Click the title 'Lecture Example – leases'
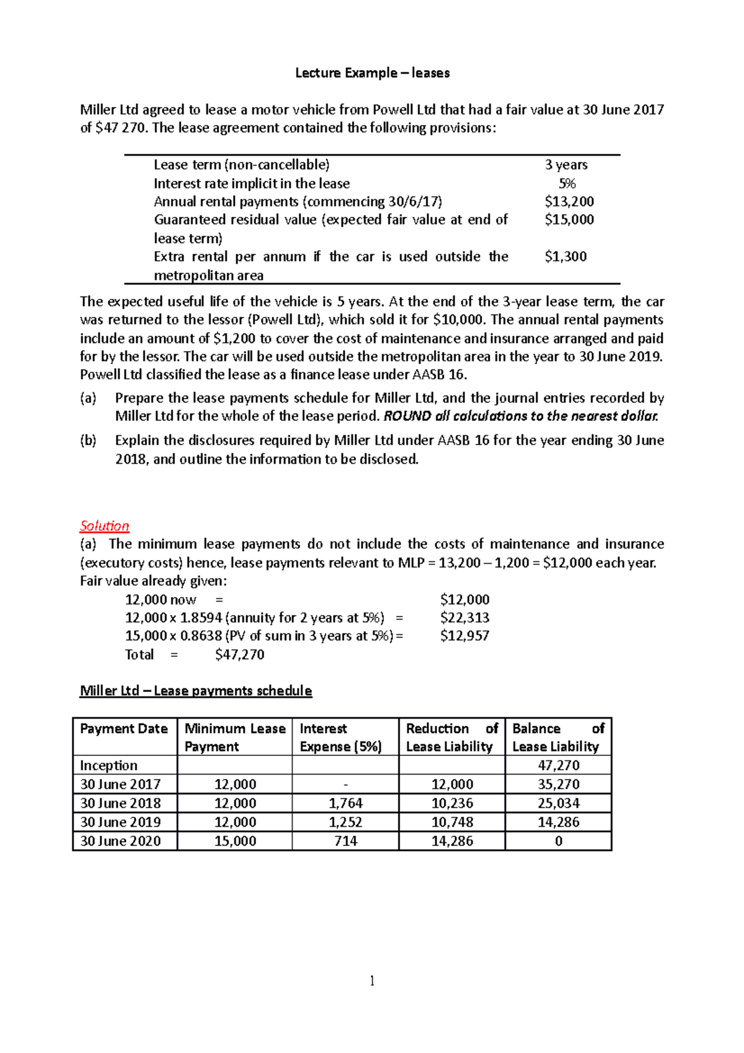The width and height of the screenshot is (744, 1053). pyautogui.click(x=372, y=73)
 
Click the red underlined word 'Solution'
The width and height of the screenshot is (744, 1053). pyautogui.click(x=104, y=526)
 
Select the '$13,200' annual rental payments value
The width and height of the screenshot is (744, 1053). pyautogui.click(x=569, y=202)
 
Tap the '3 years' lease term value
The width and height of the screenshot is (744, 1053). pyautogui.click(x=565, y=165)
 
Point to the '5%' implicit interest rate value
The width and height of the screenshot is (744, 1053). pyautogui.click(x=567, y=184)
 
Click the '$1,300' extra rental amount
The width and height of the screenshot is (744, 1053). pyautogui.click(x=565, y=257)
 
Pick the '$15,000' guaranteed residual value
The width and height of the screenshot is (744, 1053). pyautogui.click(x=569, y=220)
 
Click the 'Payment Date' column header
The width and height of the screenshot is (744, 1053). pyautogui.click(x=124, y=729)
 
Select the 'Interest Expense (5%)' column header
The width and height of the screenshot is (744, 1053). pyautogui.click(x=340, y=737)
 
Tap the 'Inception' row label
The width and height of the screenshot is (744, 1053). pyautogui.click(x=108, y=765)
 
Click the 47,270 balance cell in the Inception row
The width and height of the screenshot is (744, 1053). pyautogui.click(x=558, y=765)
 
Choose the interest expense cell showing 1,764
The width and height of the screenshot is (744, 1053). pyautogui.click(x=345, y=803)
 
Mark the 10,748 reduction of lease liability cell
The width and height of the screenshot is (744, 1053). pyautogui.click(x=452, y=822)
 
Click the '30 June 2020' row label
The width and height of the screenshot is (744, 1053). pyautogui.click(x=120, y=841)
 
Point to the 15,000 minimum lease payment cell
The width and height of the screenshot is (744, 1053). pyautogui.click(x=235, y=841)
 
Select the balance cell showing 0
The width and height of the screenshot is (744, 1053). pyautogui.click(x=558, y=841)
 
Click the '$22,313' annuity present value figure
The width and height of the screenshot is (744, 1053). pyautogui.click(x=464, y=618)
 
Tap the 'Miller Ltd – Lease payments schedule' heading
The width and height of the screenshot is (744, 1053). pyautogui.click(x=196, y=691)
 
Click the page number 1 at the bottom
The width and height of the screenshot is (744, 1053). pyautogui.click(x=372, y=980)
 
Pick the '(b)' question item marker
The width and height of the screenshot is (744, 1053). pyautogui.click(x=88, y=440)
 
